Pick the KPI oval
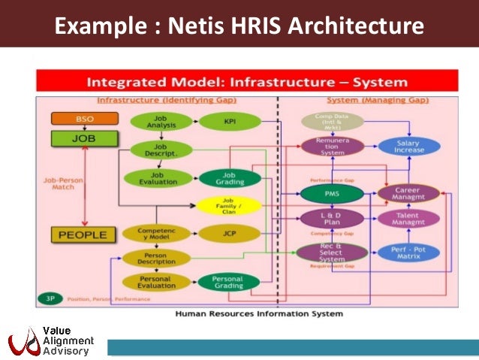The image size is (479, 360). coord(231,121)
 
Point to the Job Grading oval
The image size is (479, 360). coord(231,178)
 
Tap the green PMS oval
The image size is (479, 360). coord(332,195)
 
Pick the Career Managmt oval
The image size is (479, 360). coord(408,194)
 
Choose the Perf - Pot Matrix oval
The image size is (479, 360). coord(408,253)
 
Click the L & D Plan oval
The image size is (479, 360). coord(332,219)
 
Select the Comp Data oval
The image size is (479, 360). coord(332,121)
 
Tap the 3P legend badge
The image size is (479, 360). coord(50,298)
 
